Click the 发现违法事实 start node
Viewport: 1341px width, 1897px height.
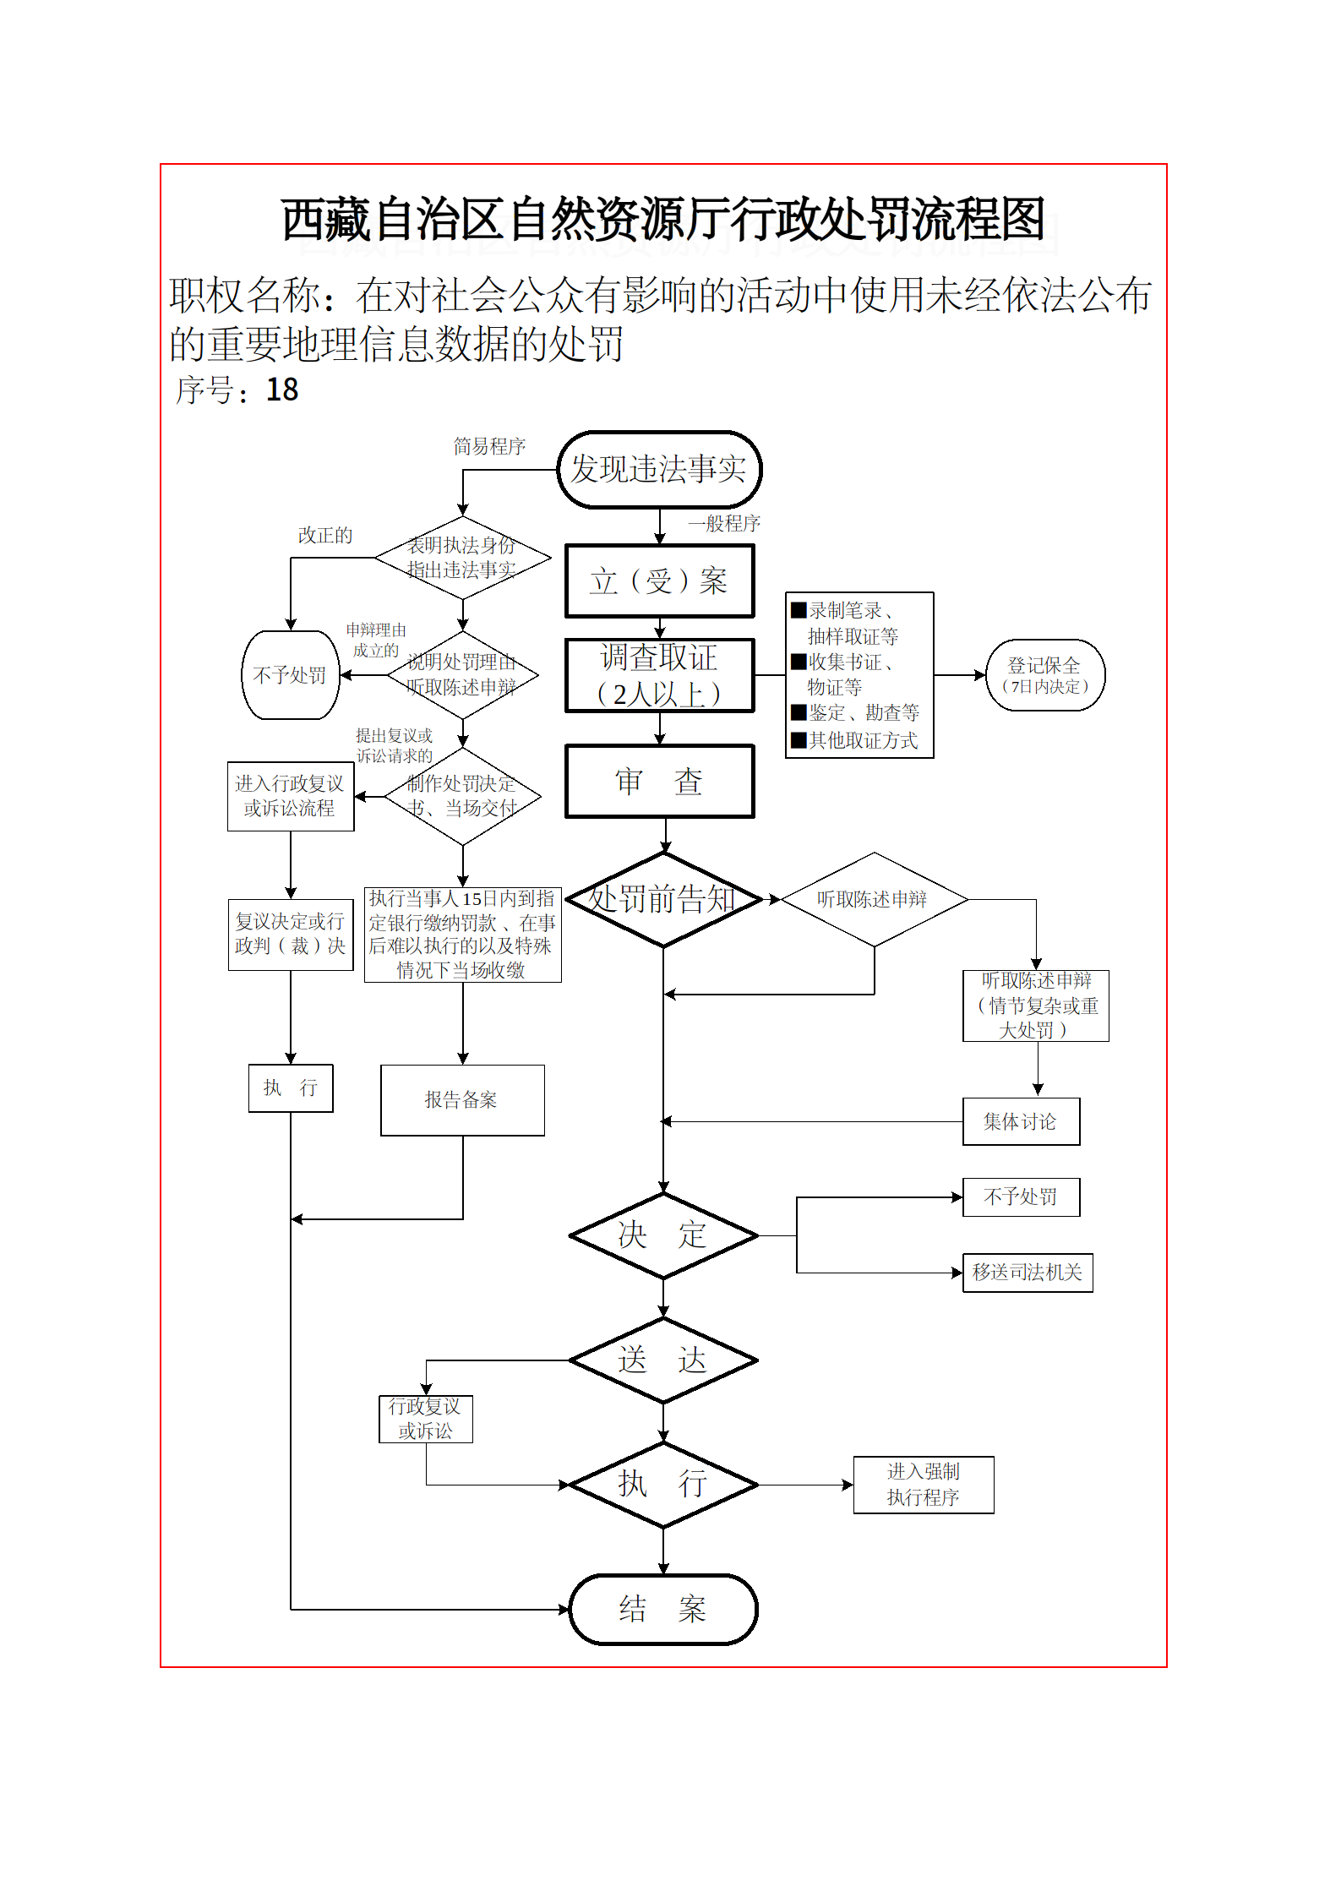pos(659,470)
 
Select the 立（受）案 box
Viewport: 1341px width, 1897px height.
pos(659,581)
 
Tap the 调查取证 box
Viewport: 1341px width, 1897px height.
pos(659,675)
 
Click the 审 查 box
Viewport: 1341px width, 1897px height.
pos(659,782)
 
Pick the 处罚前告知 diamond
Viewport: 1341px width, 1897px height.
pos(663,899)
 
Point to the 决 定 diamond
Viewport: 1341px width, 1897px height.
pos(663,1235)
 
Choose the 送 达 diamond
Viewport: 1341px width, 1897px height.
pos(663,1360)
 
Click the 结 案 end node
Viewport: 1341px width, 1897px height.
pos(663,1609)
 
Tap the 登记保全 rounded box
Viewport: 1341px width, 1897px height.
pos(1045,675)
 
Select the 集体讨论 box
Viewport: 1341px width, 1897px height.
pos(1021,1121)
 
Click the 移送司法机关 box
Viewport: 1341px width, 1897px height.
pos(1028,1273)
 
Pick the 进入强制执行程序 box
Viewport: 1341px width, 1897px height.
pos(924,1485)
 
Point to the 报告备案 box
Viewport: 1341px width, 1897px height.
pos(462,1100)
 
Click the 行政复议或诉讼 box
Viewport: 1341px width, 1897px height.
pos(426,1419)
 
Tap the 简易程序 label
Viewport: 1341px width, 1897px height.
pos(489,446)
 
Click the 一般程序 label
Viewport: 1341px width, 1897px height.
pos(724,524)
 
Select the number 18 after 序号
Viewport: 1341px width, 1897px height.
pos(282,390)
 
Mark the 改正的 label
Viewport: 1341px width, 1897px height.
pos(325,536)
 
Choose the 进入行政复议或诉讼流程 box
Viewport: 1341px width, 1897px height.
pos(290,796)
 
